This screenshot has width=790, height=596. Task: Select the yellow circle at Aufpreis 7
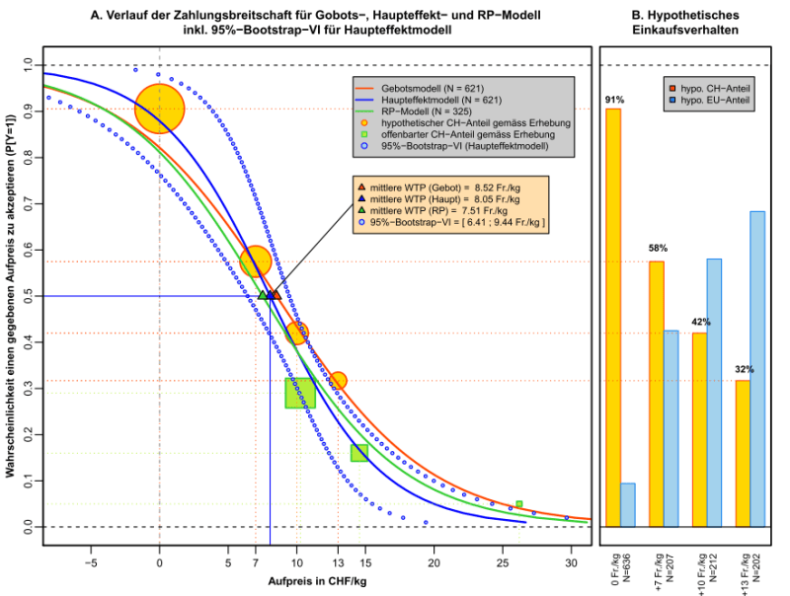[x=256, y=261]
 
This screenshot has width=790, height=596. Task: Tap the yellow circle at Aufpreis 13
[x=339, y=380]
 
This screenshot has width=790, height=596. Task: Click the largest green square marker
[x=300, y=393]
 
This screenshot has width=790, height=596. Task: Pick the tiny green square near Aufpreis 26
[x=518, y=504]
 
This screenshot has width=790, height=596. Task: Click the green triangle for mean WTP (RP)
[x=263, y=294]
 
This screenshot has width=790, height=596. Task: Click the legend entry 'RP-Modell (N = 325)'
[x=424, y=112]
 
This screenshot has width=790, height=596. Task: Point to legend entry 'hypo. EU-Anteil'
[x=726, y=102]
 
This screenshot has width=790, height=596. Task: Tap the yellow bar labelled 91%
[x=613, y=317]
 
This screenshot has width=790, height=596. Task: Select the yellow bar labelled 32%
[x=743, y=453]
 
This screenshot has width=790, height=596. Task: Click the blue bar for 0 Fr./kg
[x=628, y=504]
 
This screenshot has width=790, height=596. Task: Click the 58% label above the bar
[x=657, y=247]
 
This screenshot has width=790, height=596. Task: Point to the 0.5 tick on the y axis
[x=27, y=296]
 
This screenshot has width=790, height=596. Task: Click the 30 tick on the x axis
[x=571, y=561]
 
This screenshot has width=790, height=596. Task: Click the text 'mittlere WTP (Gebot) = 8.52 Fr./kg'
[x=440, y=186]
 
